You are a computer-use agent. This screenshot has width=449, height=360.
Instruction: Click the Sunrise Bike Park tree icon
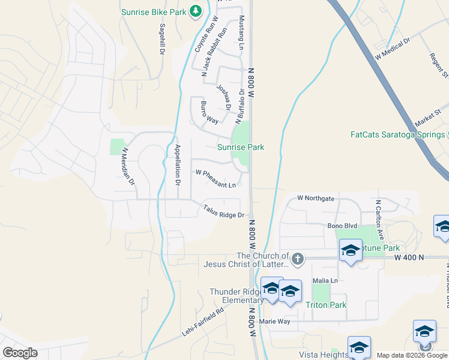[195, 11]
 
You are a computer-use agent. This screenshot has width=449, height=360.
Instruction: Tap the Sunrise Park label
[241, 147]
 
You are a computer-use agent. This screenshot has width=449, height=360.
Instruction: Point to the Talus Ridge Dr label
[223, 211]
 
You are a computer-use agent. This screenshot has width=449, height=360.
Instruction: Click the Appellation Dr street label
[177, 164]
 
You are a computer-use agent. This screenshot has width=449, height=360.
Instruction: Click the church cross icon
[297, 259]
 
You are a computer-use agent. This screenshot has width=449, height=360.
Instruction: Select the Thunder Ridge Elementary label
[237, 296]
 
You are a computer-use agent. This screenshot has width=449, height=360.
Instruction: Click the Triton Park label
[326, 305]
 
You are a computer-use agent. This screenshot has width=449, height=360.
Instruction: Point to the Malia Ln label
[325, 281]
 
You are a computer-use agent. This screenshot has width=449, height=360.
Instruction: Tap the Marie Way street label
[274, 322]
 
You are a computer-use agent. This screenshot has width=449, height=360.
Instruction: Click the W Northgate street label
[316, 198]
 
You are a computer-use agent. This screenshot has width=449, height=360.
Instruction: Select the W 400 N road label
[409, 257]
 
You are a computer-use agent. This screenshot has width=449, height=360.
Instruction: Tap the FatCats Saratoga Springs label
[397, 134]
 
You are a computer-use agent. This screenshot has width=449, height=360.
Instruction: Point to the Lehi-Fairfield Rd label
[203, 322]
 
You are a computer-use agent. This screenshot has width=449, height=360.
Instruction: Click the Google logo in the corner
[20, 353]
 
